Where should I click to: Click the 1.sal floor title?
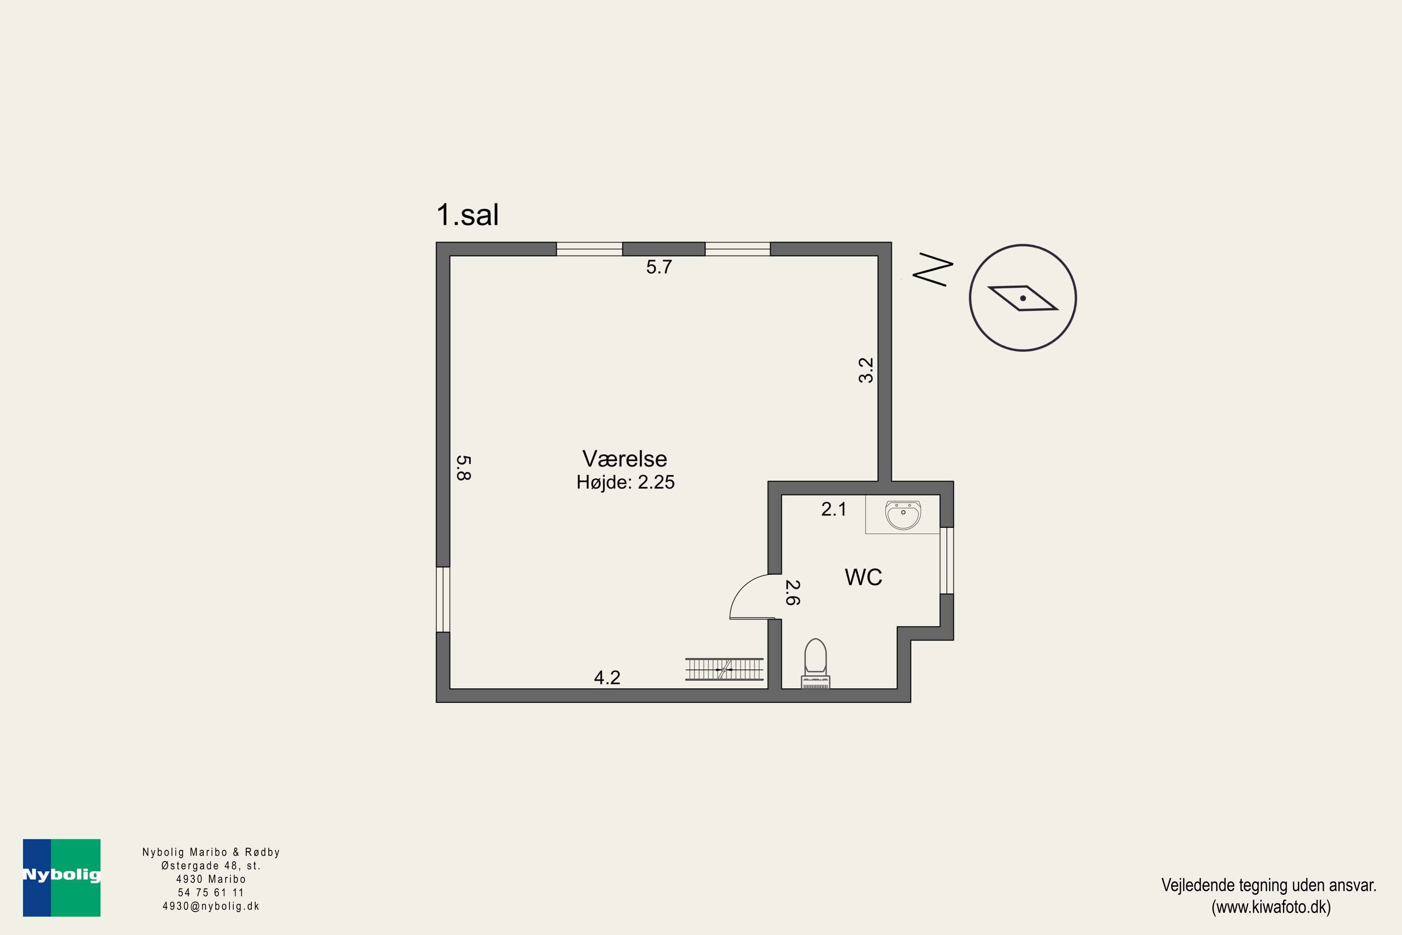[x=467, y=215]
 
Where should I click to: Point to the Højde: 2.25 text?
[x=625, y=482]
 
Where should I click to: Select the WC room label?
[x=863, y=577]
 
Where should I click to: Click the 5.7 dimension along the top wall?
[x=658, y=267]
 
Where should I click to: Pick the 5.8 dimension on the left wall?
[x=464, y=467]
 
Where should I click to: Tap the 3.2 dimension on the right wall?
[x=866, y=370]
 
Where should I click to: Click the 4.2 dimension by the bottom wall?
[x=607, y=677]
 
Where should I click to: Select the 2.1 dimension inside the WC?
[x=833, y=509]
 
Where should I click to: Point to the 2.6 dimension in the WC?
[x=792, y=593]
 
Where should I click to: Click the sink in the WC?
[x=902, y=515]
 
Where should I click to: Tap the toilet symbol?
[x=815, y=662]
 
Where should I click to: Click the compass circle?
[x=1023, y=297]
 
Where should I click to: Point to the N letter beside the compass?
[x=933, y=270]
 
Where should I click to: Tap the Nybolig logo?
[x=61, y=877]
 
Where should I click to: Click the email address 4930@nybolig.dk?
[x=211, y=906]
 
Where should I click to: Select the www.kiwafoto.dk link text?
[x=1271, y=907]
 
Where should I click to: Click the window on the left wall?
[x=443, y=599]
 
